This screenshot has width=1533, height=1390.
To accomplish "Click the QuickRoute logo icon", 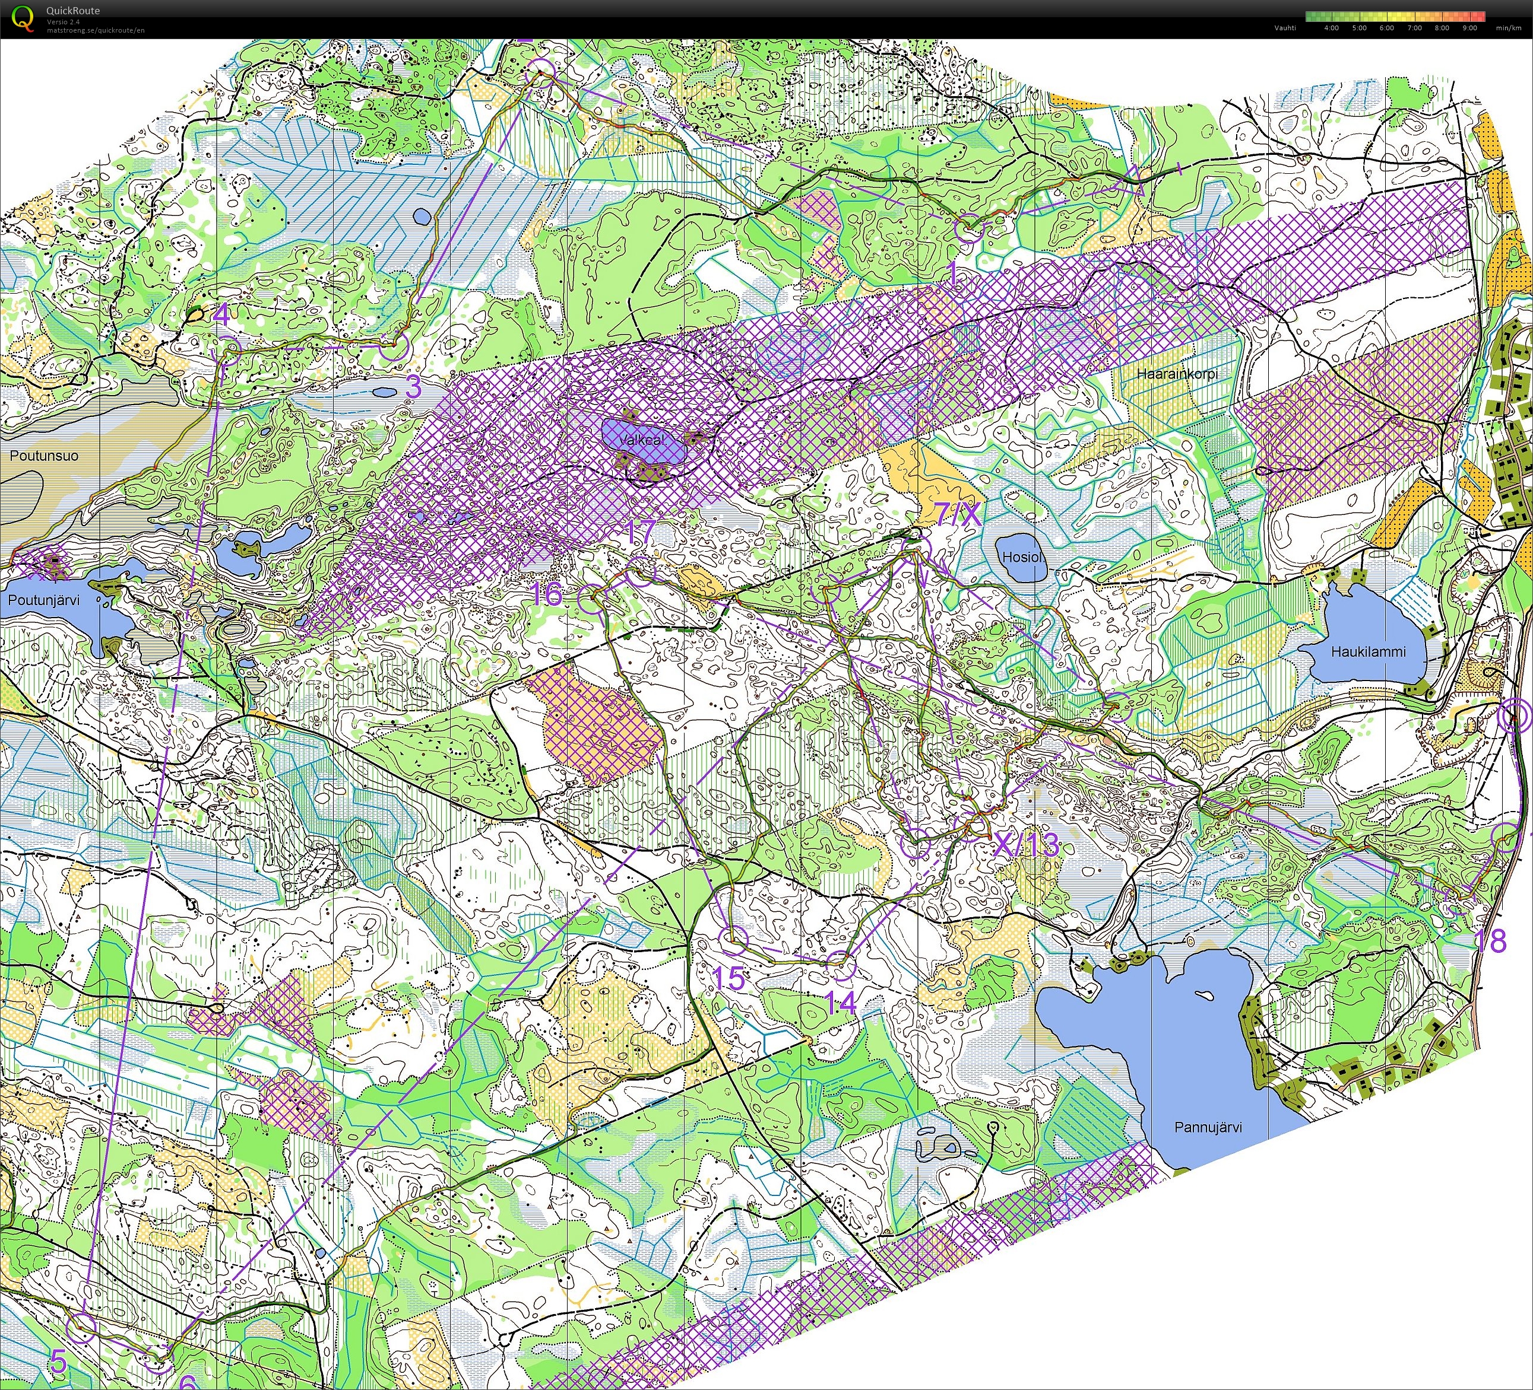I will [23, 17].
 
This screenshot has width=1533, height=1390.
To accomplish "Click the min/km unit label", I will [1508, 28].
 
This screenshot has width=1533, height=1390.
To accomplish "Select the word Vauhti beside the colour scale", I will [1285, 28].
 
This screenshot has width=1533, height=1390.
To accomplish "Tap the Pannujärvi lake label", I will [1208, 1127].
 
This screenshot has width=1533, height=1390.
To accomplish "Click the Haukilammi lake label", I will [1368, 651].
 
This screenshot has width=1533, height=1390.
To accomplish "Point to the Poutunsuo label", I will [43, 456].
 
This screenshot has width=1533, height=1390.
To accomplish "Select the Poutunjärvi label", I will [43, 600].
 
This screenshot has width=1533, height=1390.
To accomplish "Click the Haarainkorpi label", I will [1177, 374].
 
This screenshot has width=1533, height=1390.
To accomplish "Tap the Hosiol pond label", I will [1021, 557].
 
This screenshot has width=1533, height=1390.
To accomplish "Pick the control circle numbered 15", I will [734, 941].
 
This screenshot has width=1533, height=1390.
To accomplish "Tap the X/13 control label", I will [1027, 844].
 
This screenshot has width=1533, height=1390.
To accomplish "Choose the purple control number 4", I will [221, 314].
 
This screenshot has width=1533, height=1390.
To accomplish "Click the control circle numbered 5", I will [81, 1327].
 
